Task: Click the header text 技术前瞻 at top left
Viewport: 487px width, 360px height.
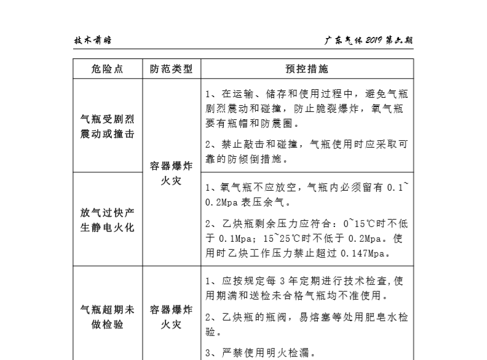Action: [x=92, y=41]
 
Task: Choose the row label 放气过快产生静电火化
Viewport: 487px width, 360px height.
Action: [x=107, y=219]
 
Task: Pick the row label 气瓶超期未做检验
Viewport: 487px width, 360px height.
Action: [x=107, y=316]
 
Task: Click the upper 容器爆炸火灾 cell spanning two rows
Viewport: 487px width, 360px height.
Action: [x=171, y=174]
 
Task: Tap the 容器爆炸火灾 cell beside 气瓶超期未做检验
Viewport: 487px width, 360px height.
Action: [x=171, y=316]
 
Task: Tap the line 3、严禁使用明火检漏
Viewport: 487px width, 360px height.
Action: [x=261, y=354]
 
